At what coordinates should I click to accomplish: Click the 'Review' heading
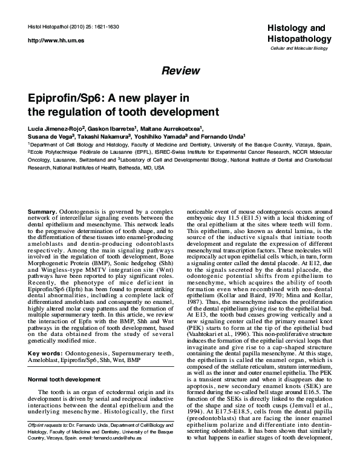click(x=180, y=71)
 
